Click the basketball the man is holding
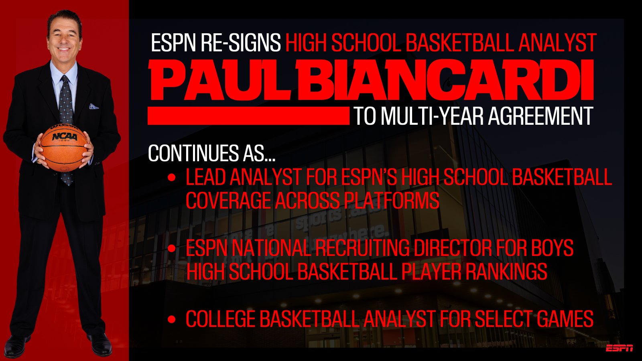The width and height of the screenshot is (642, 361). click(x=64, y=148)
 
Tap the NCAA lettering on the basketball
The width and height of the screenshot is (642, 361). click(x=65, y=137)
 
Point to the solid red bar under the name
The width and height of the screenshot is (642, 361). click(x=248, y=116)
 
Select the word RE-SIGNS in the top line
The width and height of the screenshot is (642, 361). click(x=241, y=43)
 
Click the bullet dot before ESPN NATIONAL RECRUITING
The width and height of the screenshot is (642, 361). click(x=171, y=248)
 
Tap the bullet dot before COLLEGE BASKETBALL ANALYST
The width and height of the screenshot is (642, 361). click(x=171, y=319)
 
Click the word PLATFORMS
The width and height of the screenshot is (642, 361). click(x=392, y=200)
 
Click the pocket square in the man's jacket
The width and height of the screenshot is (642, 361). click(x=93, y=106)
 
